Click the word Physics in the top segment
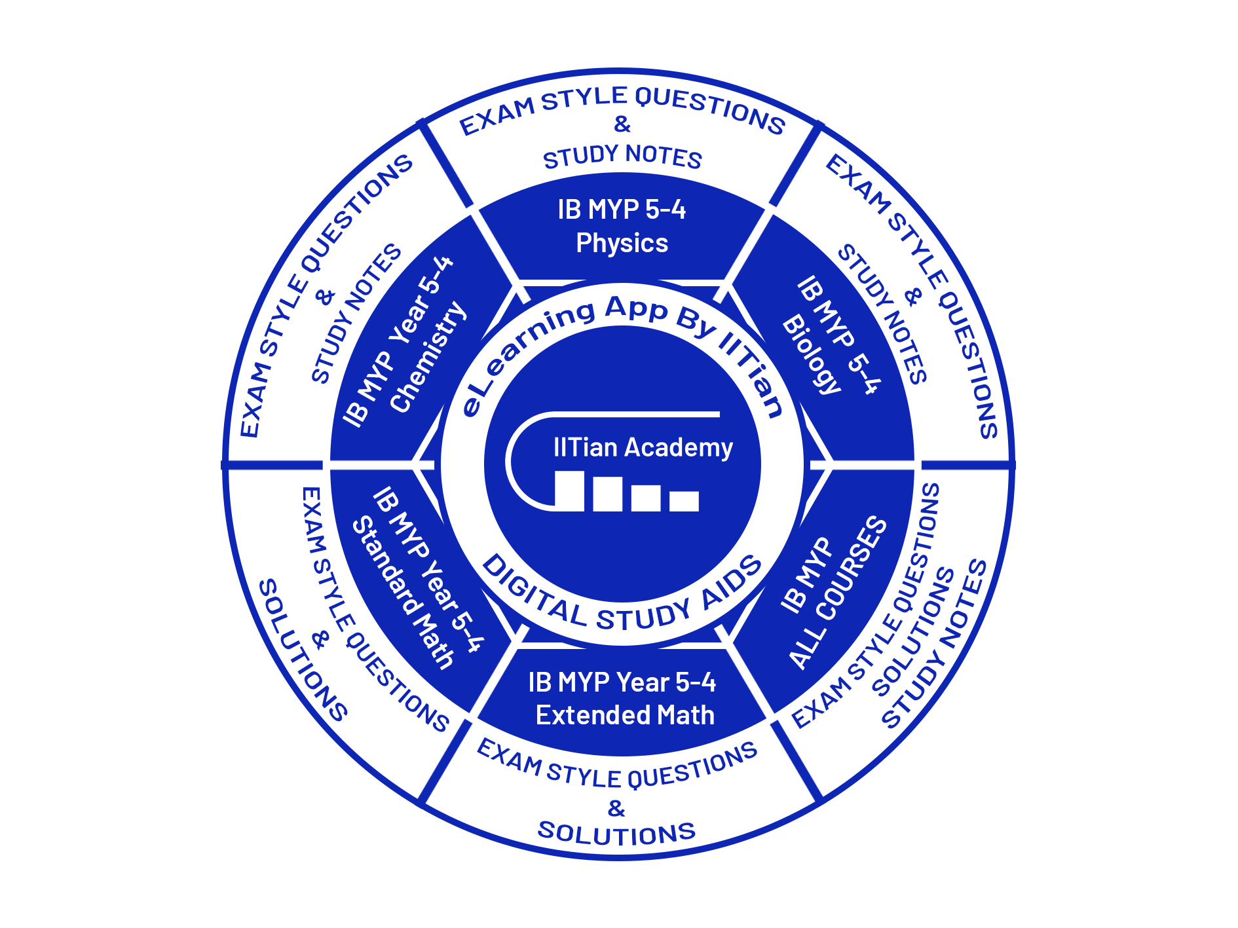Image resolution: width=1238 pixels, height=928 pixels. (622, 243)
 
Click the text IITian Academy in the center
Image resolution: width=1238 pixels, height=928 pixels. (643, 447)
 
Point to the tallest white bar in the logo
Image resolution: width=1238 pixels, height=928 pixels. (569, 491)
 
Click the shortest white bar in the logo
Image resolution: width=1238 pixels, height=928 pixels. (684, 501)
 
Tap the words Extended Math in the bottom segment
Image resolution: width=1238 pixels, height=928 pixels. (625, 715)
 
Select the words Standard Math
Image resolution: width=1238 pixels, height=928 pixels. (403, 593)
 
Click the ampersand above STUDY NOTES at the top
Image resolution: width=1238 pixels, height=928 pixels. (622, 124)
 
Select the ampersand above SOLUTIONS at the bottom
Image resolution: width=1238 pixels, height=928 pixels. (616, 808)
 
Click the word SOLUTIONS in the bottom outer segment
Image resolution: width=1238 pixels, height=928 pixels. (616, 833)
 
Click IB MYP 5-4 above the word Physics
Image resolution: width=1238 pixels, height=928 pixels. (622, 210)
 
